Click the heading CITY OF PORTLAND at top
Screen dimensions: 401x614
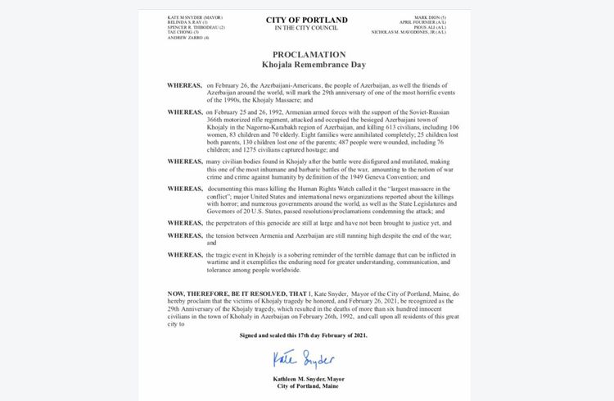pyautogui.click(x=307, y=20)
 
